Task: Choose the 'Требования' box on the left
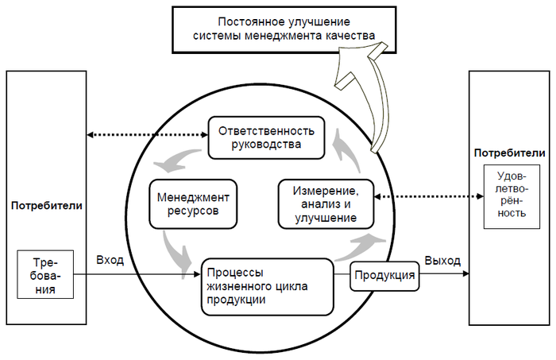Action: (45, 275)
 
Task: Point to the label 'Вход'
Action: (110, 261)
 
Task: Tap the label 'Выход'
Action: (442, 261)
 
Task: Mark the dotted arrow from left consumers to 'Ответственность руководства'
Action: (147, 136)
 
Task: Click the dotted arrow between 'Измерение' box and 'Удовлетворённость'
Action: (429, 195)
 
